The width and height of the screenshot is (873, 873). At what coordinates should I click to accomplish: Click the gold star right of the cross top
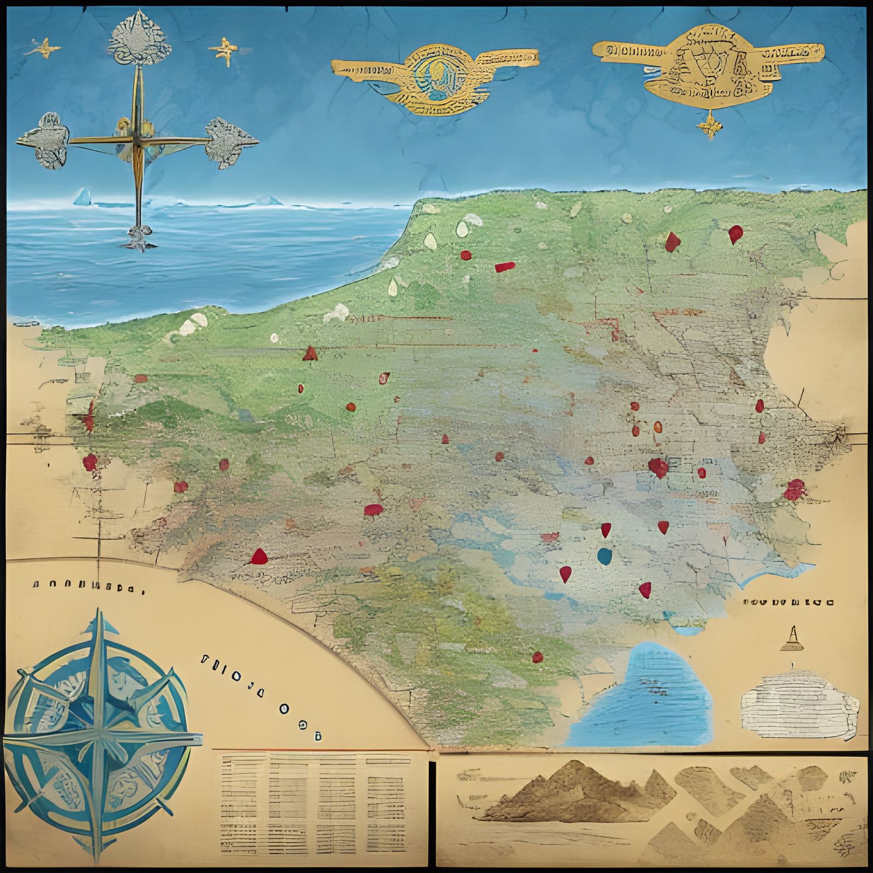click(224, 51)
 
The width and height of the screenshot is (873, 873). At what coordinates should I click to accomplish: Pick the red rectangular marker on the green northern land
click(505, 267)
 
